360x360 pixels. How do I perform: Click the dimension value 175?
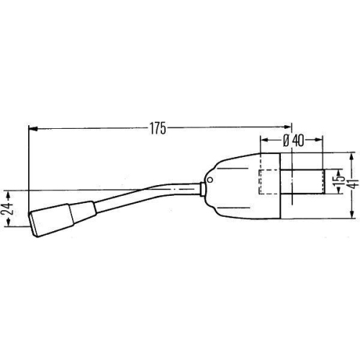[158, 130]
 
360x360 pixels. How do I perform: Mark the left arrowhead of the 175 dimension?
[32, 130]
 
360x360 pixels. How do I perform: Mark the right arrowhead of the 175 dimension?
[288, 130]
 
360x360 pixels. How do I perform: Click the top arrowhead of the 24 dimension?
[9, 194]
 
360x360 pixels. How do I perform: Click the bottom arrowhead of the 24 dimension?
[9, 224]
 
